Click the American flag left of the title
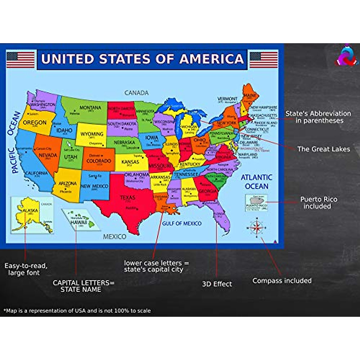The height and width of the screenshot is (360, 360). tap(20, 60)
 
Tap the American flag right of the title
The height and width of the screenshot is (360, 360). tap(263, 60)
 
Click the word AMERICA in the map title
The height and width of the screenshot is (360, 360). tap(211, 59)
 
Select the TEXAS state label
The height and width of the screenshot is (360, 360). tap(127, 198)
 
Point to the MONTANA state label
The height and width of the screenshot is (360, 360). tap(90, 108)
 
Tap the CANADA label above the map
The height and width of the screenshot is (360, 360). tap(136, 93)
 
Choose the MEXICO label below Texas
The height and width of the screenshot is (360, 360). tap(115, 237)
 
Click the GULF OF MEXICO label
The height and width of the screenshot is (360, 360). tap(182, 223)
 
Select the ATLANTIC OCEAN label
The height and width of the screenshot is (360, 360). tap(256, 182)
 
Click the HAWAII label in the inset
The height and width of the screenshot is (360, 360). tap(79, 222)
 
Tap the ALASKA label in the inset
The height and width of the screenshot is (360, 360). tap(30, 210)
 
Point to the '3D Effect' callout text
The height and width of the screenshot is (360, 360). tap(217, 284)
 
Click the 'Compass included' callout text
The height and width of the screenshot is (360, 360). tap(282, 281)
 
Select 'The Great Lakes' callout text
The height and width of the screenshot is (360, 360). tap(323, 149)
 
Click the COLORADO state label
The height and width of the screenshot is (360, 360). tap(99, 161)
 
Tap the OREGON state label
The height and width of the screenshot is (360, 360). tap(35, 122)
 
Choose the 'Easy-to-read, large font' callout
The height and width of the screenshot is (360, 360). tap(25, 269)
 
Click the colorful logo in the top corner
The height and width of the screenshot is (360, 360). tap(346, 56)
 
